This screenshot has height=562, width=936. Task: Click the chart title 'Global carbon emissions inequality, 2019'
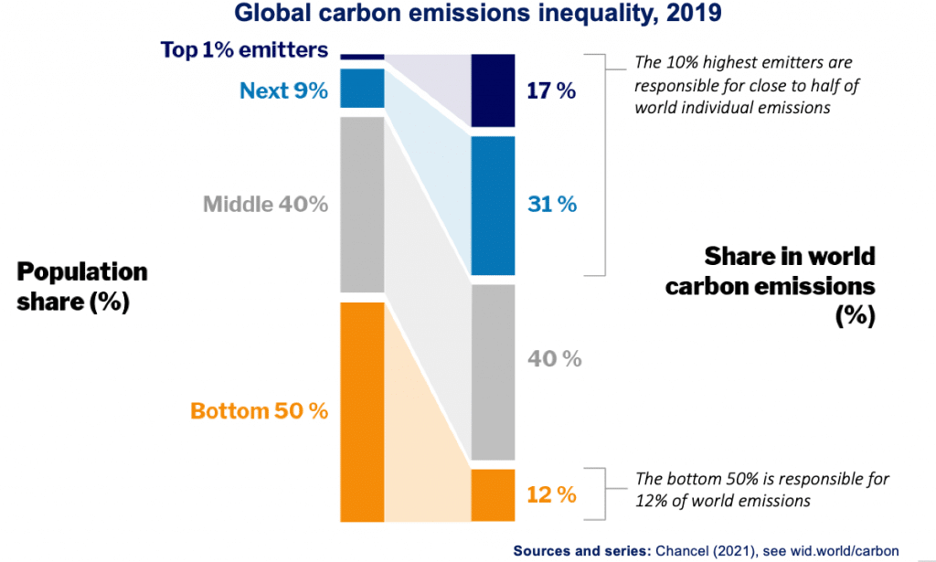tap(468, 14)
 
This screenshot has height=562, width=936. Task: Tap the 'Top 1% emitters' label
tap(244, 49)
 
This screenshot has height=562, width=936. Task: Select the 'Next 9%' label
tap(283, 90)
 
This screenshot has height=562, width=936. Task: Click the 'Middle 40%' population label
tap(265, 203)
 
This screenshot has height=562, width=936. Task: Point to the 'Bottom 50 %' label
tap(259, 410)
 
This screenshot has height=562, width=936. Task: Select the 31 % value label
tap(552, 204)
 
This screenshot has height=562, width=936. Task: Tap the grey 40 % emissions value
tap(554, 358)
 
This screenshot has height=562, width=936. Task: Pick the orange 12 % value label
tap(551, 494)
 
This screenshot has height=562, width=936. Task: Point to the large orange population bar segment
tap(362, 411)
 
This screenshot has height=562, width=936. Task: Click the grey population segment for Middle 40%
tap(362, 204)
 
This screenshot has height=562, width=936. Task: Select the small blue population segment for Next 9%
tap(362, 88)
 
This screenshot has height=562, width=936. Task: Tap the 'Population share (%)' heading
tap(82, 286)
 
